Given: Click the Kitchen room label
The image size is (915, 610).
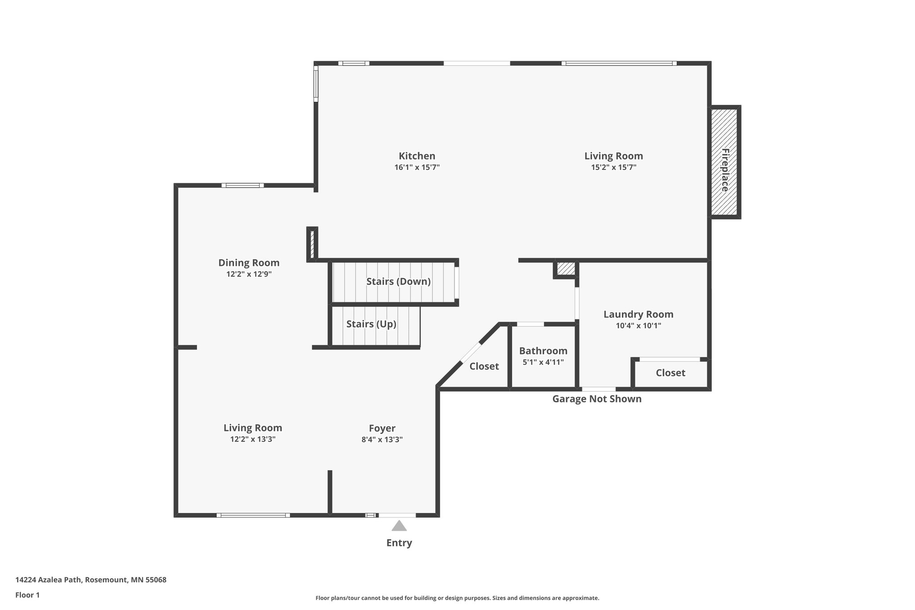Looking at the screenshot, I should pyautogui.click(x=417, y=156).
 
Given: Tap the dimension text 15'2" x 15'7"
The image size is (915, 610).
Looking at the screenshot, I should pyautogui.click(x=613, y=168).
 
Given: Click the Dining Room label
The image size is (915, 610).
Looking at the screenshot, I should pyautogui.click(x=249, y=263).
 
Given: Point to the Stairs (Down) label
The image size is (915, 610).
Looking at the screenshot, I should pyautogui.click(x=398, y=282).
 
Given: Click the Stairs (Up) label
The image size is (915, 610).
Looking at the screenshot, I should pyautogui.click(x=371, y=324).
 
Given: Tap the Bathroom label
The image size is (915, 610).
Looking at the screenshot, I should pyautogui.click(x=543, y=351).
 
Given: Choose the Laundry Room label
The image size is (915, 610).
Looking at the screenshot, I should pyautogui.click(x=638, y=314).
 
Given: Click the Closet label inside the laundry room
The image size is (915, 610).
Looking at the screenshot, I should pyautogui.click(x=670, y=373).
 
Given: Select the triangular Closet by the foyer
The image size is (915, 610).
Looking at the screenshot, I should pyautogui.click(x=484, y=366).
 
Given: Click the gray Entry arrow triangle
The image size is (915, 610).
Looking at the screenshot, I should pyautogui.click(x=399, y=526).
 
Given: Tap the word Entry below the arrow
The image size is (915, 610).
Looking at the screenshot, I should pyautogui.click(x=399, y=543).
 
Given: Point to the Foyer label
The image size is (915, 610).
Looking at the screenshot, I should pyautogui.click(x=382, y=428).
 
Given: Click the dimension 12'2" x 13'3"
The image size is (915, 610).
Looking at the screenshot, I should pyautogui.click(x=252, y=439).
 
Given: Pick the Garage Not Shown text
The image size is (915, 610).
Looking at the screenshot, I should pyautogui.click(x=596, y=399).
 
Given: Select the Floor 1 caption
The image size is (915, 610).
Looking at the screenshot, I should pyautogui.click(x=27, y=595).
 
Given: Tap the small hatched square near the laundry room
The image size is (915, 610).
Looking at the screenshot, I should pyautogui.click(x=566, y=269).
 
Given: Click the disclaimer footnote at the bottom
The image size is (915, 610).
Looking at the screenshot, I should pyautogui.click(x=457, y=598).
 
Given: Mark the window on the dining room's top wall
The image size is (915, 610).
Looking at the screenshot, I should pyautogui.click(x=243, y=185).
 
